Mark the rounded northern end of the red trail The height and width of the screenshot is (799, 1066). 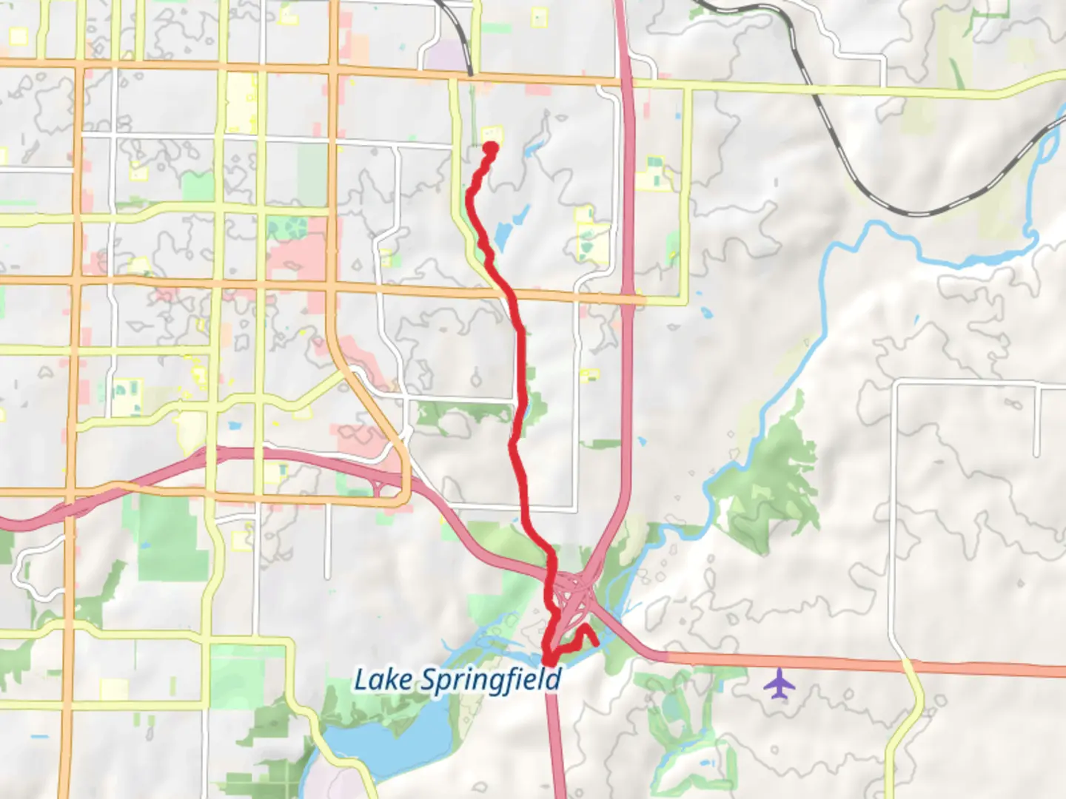click(490, 147)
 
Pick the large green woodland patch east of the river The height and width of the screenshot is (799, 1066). click(770, 481)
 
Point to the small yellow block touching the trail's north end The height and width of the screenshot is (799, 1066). click(493, 134)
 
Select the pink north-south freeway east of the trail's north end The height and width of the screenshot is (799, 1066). click(626, 185)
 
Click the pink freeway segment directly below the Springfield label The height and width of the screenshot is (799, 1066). click(555, 740)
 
